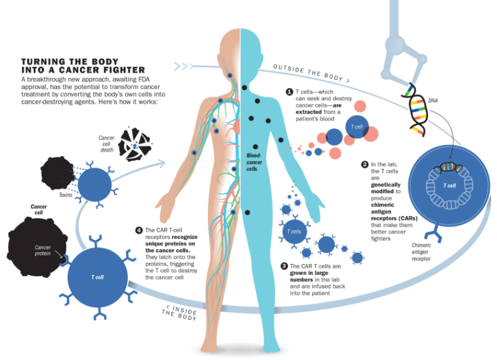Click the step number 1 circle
(290, 92)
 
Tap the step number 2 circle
(365, 164)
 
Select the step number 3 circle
(285, 266)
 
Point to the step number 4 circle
(139, 230)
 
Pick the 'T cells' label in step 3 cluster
(294, 231)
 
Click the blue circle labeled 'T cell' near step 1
(357, 127)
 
